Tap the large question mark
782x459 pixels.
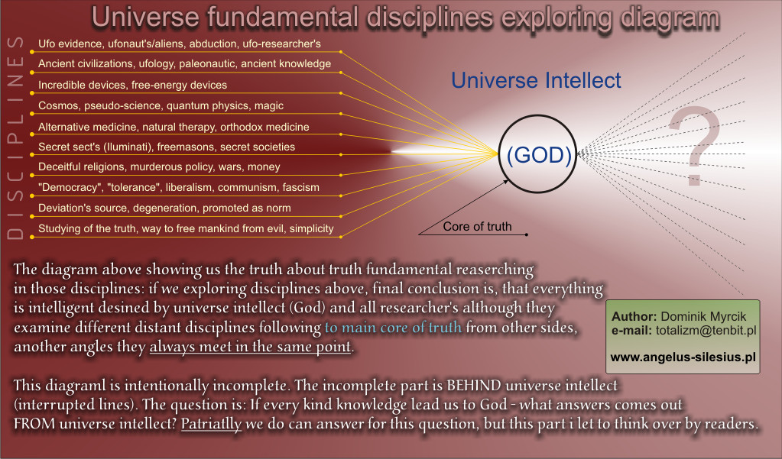coord(695,147)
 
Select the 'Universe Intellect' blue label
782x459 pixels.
coord(536,80)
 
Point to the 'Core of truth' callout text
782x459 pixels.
coord(477,227)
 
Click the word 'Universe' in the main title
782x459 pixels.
coord(145,18)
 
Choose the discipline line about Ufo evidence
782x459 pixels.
coord(180,44)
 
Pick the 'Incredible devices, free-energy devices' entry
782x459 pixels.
coord(133,86)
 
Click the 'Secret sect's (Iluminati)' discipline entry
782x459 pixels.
coord(167,147)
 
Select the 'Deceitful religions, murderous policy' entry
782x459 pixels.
coord(159,167)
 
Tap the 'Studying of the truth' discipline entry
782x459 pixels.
coord(186,229)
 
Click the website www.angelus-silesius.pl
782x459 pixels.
coord(683,357)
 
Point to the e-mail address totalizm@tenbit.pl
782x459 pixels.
coord(706,331)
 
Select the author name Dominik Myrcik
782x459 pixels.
coord(703,316)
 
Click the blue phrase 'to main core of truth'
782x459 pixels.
coord(393,328)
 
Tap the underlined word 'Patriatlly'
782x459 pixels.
coord(211,424)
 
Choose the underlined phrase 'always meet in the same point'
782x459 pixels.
coord(251,347)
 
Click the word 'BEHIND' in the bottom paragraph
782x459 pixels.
coord(473,385)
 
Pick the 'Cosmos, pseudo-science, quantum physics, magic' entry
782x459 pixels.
coord(161,105)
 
